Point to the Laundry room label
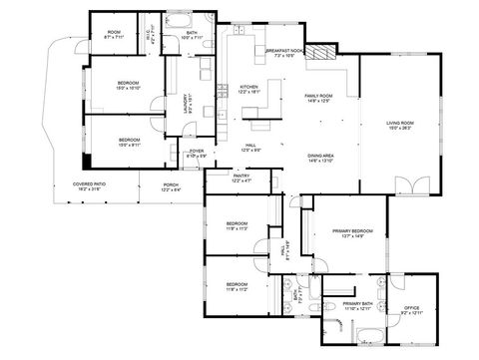(x=186, y=103)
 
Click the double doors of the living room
(x=408, y=185)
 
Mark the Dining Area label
(x=320, y=158)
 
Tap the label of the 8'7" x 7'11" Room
(x=114, y=34)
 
